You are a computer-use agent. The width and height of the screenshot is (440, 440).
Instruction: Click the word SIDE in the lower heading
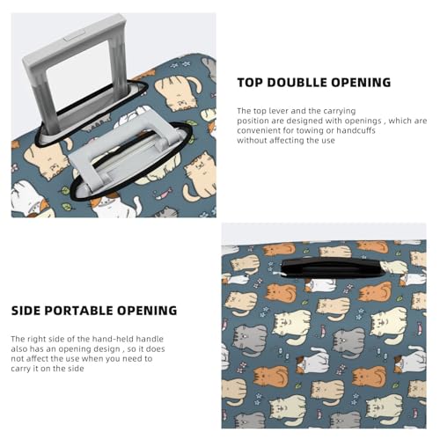[x=26, y=311]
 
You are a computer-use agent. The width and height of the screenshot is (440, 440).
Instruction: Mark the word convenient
[x=260, y=129]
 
